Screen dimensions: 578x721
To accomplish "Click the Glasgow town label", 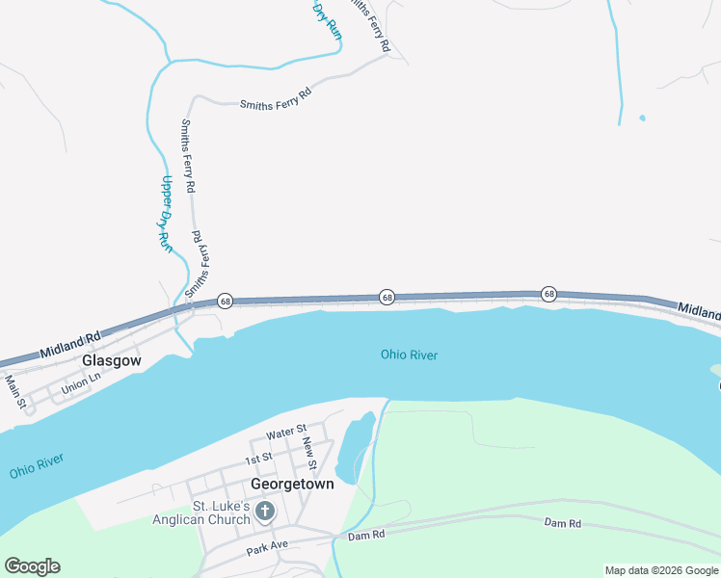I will (x=111, y=360).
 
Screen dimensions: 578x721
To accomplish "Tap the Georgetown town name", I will (x=292, y=484).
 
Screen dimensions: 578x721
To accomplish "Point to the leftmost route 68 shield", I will (x=224, y=302).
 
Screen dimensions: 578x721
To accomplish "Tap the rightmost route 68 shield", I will (x=548, y=294).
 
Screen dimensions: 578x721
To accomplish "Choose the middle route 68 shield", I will (x=386, y=298).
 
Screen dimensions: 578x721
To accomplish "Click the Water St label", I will (x=286, y=430).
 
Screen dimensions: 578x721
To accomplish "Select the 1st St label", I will (x=258, y=458).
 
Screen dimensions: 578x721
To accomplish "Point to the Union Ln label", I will (x=80, y=382).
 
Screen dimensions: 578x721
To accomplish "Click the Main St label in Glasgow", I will (x=13, y=387).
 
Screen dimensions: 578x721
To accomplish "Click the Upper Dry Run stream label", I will (x=166, y=214).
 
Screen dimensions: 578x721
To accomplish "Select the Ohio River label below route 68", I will (x=409, y=355).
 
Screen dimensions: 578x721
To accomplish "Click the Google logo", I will (x=32, y=566).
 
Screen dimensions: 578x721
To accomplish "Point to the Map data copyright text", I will (x=661, y=570).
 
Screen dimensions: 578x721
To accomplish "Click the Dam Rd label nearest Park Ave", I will (x=366, y=535).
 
